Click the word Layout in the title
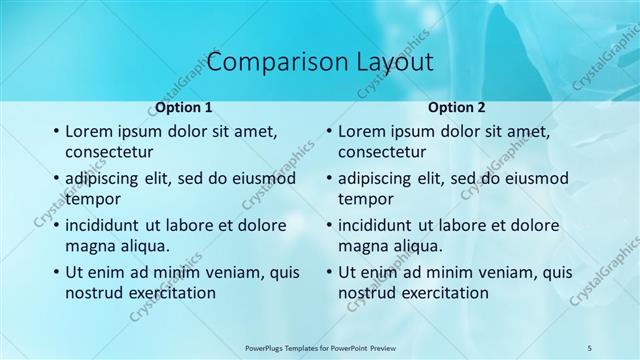pos(386,62)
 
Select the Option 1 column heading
pos(183,107)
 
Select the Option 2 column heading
pos(456,107)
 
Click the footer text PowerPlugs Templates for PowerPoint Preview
pos(320,346)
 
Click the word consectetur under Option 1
pos(109,153)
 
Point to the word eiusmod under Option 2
pos(535,179)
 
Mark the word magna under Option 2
pos(361,245)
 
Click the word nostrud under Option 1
pos(92,292)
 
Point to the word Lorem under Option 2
pos(361,132)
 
